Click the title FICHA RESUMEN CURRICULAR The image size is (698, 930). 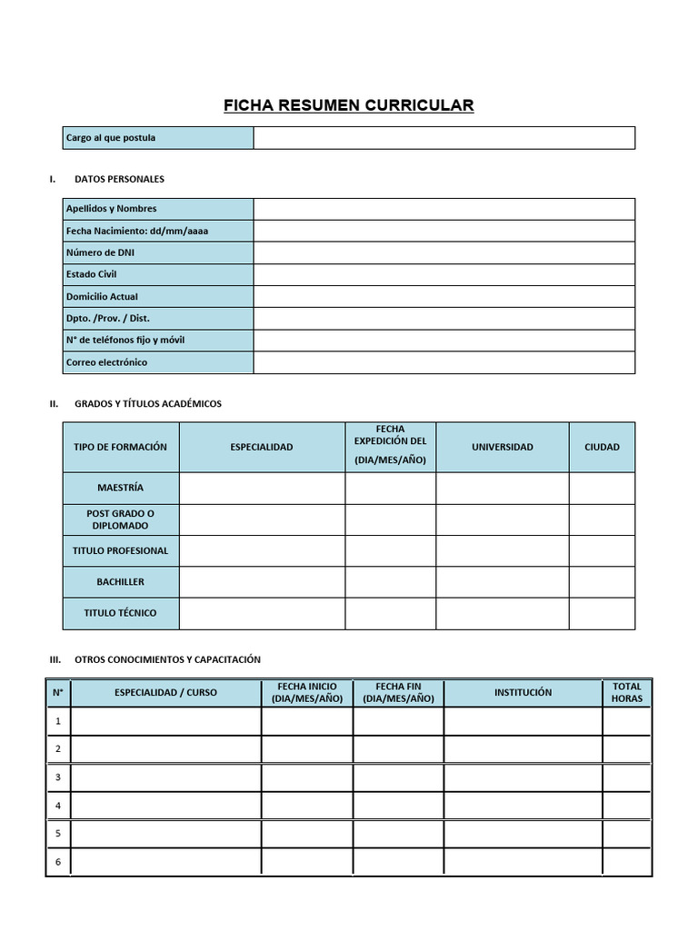tap(349, 106)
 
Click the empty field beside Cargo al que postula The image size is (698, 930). tap(444, 138)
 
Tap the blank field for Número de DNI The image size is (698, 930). tap(444, 252)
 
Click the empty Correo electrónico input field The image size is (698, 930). tap(444, 362)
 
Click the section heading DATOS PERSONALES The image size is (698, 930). tap(119, 179)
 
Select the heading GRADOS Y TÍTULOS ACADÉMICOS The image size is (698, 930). tap(147, 403)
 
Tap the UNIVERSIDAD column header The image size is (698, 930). tap(503, 447)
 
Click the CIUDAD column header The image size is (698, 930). tap(602, 447)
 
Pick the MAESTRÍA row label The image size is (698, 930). tap(121, 488)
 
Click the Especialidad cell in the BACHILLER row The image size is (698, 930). tap(262, 582)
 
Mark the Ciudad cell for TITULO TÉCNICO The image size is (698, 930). tap(602, 613)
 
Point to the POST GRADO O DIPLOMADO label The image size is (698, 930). tap(121, 519)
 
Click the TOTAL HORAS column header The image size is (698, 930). tap(626, 693)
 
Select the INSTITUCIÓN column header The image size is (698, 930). tap(523, 693)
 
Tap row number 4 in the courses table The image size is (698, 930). tap(58, 806)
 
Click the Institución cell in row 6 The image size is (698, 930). tap(523, 862)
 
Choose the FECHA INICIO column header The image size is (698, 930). tap(307, 693)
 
